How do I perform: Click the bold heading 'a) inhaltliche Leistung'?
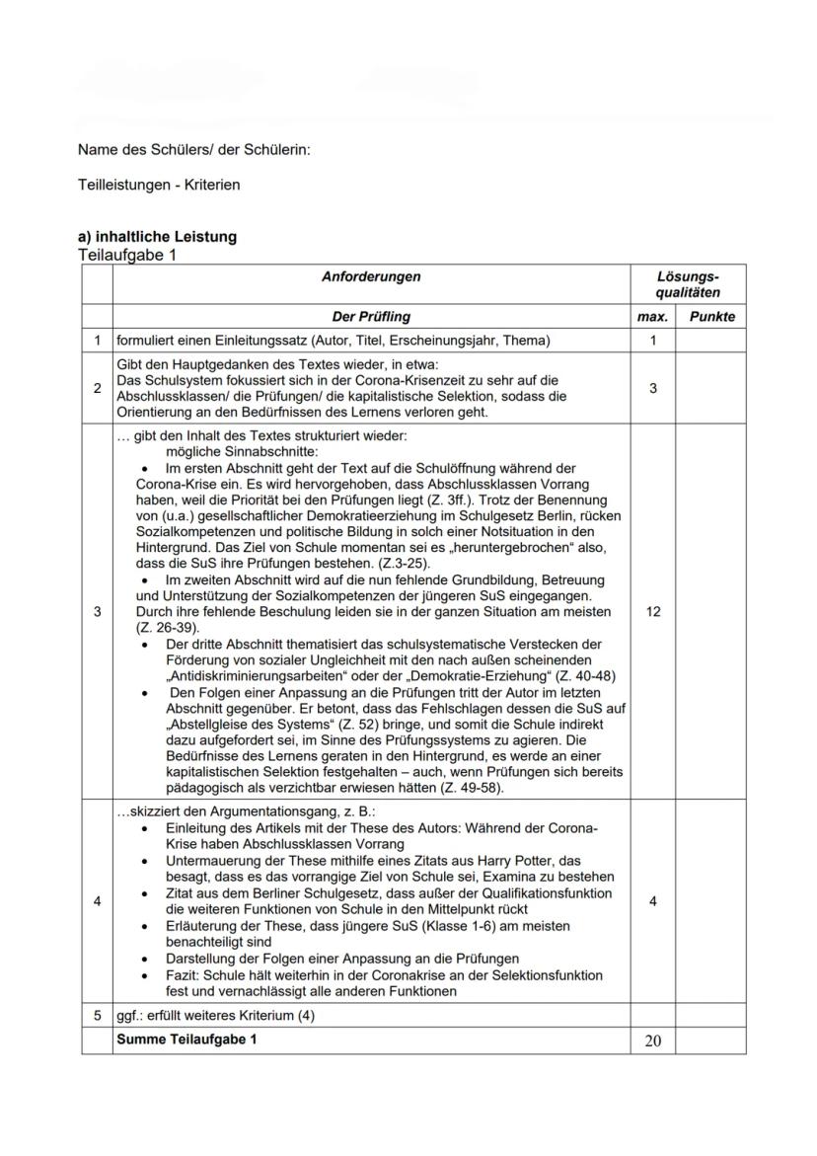157,238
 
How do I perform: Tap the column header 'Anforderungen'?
371,277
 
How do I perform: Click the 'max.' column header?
652,317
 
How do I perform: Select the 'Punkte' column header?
710,317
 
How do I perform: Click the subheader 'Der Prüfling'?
371,317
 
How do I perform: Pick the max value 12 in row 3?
652,612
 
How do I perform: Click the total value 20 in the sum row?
652,1040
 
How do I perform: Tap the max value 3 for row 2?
652,390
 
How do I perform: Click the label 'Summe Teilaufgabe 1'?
186,1040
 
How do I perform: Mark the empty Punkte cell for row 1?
710,341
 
